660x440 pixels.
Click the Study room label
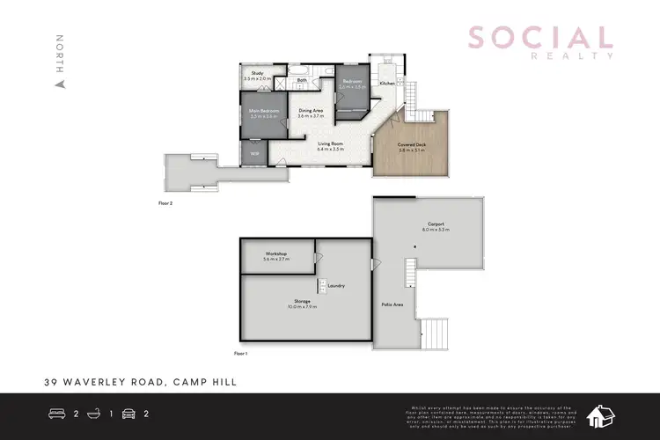coord(257,73)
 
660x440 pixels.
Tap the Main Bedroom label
coord(264,111)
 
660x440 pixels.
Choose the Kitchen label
coord(387,83)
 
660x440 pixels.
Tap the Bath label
coord(301,80)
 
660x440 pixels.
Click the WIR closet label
coord(254,153)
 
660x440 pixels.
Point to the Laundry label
coord(335,285)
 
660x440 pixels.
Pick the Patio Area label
coord(392,304)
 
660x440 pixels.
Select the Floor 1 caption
coord(241,352)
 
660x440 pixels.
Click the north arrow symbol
coord(60,84)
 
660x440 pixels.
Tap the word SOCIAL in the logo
coord(539,38)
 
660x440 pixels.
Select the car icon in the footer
coord(128,414)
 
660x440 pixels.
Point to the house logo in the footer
coord(603,415)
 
